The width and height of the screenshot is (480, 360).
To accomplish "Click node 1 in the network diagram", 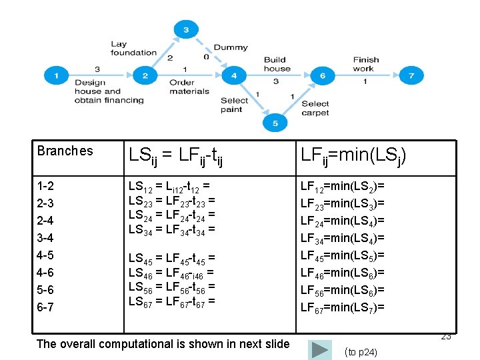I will coord(56,75).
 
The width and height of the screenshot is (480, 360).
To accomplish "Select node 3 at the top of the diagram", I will coord(185,29).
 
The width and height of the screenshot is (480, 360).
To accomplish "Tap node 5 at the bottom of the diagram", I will coord(275,122).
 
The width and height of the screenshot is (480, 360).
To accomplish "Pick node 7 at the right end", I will coord(411,75).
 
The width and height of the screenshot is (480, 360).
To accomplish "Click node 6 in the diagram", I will coord(322,75).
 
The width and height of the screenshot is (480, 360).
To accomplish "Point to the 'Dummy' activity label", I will coord(231,47).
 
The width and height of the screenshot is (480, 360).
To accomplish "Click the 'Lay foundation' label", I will coord(133,48).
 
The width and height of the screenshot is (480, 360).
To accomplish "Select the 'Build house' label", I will coord(277,64).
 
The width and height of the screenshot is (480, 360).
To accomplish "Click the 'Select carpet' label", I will coord(315,108).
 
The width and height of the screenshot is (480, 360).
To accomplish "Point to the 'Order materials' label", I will coord(189,87).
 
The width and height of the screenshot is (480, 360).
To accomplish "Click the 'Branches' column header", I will coord(65,151).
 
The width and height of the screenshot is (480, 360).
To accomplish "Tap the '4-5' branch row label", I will coord(46,255).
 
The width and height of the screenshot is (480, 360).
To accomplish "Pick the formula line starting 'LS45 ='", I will coord(171,258).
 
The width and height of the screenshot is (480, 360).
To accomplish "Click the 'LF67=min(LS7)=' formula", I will coord(343,307).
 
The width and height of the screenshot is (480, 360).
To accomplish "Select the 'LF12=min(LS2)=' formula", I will coord(343,186).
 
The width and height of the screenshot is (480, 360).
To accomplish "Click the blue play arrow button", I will coord(321,349).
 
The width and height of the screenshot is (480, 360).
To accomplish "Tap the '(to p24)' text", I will coord(361,352).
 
